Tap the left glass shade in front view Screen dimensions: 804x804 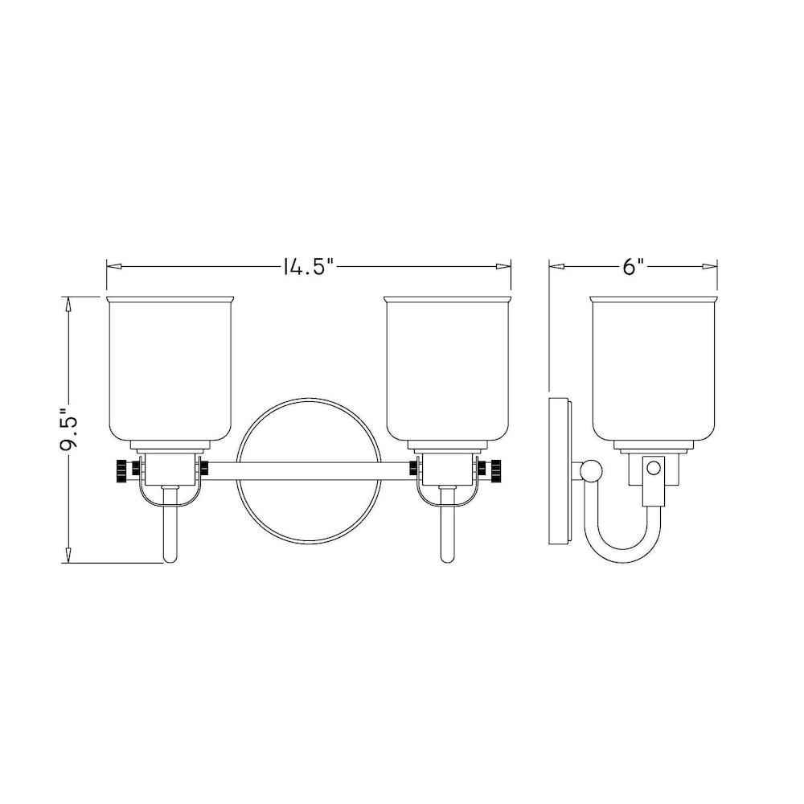click(173, 370)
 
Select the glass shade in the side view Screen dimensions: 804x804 click(654, 370)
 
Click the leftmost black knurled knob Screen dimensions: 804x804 click(121, 470)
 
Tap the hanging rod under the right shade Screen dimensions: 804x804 click(447, 531)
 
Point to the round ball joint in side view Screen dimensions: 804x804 click(593, 471)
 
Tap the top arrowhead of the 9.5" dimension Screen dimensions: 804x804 click(69, 303)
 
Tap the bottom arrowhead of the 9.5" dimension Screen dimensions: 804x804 click(69, 556)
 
